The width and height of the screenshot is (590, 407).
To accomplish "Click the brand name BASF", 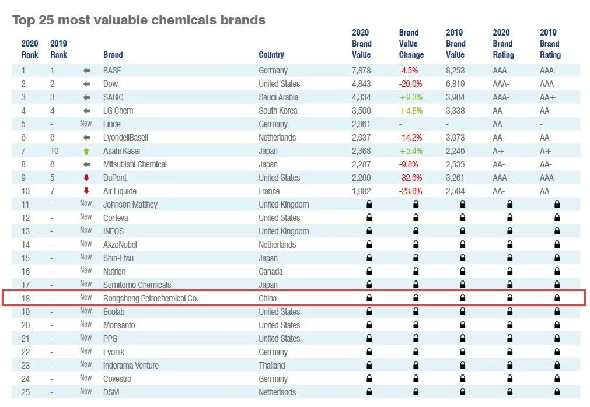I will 113,71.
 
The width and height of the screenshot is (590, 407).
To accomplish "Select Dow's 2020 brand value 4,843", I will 362,84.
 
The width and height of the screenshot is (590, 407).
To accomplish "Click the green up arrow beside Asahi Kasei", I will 86,151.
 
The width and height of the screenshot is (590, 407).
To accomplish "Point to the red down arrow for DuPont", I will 86,178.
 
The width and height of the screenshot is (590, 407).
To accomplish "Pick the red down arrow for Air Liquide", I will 86,191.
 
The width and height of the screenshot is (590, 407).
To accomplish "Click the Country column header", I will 271,55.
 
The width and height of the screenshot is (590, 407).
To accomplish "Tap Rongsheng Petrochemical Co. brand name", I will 151,299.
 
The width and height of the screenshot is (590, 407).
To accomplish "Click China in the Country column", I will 268,299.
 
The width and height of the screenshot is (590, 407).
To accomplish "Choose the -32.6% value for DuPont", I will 411,178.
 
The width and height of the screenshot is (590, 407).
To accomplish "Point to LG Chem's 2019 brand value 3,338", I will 455,111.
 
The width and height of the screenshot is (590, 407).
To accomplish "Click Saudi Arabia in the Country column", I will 278,97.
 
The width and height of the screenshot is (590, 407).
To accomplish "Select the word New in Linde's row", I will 86,124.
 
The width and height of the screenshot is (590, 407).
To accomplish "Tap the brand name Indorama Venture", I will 131,366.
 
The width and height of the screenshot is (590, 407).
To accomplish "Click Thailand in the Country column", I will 272,366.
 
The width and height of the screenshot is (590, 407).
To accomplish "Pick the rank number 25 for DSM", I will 26,392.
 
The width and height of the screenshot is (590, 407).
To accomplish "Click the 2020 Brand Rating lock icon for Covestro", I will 509,379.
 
